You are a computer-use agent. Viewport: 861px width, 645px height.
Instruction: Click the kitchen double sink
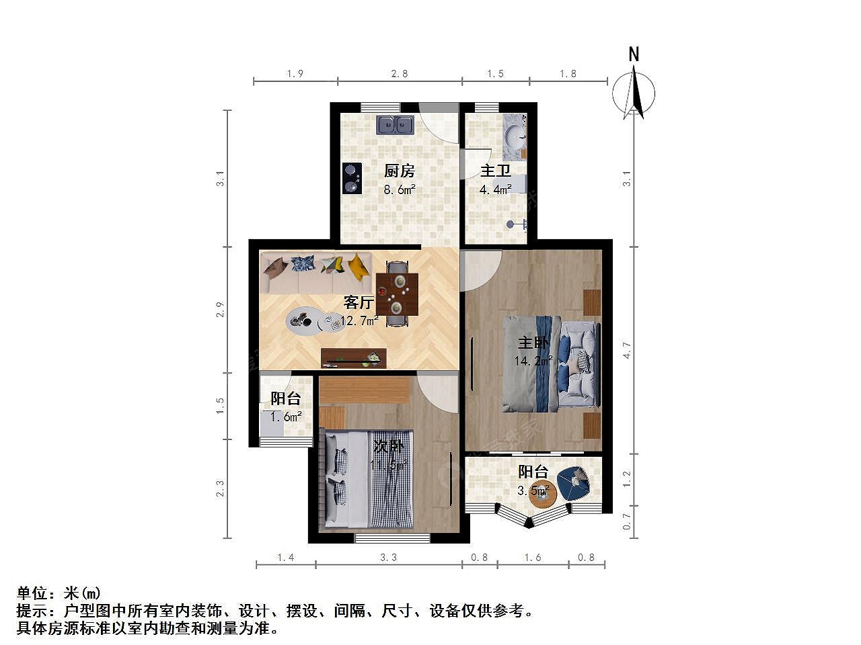(x=395, y=125)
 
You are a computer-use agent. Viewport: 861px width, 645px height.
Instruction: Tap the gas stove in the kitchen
(x=352, y=179)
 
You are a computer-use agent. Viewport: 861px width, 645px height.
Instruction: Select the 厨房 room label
(x=399, y=171)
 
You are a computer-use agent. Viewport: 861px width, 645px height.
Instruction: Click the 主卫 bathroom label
(x=496, y=171)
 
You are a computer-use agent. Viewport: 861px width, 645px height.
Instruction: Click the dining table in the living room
(x=397, y=294)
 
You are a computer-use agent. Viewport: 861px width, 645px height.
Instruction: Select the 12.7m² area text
(x=359, y=320)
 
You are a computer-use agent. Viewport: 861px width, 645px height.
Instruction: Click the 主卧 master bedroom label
(x=533, y=343)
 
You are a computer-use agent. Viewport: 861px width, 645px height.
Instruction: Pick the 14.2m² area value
(x=533, y=360)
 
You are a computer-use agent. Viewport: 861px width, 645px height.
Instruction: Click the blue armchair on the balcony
(x=574, y=484)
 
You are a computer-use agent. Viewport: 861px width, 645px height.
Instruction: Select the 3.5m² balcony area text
(x=533, y=490)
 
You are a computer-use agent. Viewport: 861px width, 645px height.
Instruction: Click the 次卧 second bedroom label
(x=388, y=446)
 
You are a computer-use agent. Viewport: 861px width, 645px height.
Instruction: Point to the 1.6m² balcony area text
(x=286, y=417)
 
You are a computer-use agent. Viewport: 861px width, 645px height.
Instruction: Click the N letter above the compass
(x=634, y=54)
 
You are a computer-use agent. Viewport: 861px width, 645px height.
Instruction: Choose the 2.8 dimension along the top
(x=400, y=74)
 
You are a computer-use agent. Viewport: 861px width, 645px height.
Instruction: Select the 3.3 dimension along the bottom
(x=389, y=557)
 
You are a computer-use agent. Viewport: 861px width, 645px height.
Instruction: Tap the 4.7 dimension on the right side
(x=627, y=350)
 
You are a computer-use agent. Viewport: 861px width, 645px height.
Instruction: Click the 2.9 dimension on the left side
(x=221, y=309)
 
